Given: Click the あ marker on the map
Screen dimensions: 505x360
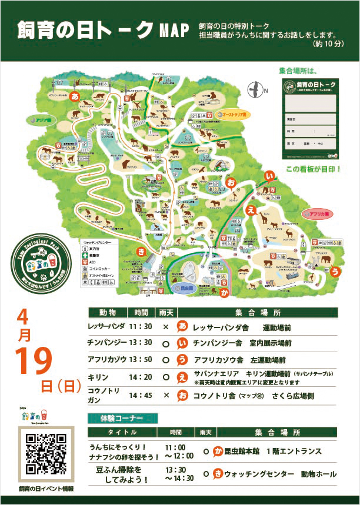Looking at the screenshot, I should coord(75,94).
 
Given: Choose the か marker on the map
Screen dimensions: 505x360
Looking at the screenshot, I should coord(224,291).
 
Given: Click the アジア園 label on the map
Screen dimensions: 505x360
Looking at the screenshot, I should coord(35,121).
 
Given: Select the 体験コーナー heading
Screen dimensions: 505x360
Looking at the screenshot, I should coord(122,419).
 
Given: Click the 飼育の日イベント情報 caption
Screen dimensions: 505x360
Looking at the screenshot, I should coord(46,489).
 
